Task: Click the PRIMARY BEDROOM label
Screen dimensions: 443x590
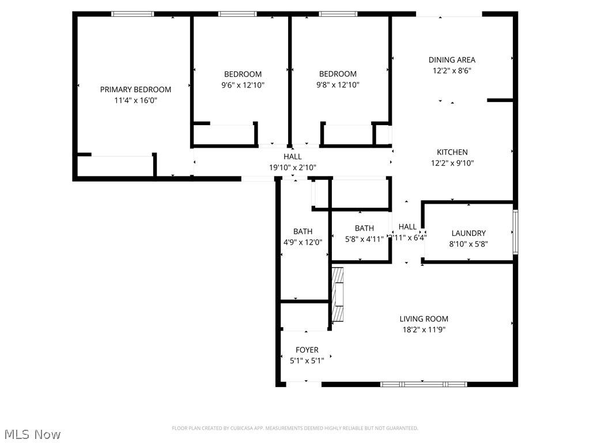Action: [135, 89]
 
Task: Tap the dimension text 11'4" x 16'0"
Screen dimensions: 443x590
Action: [135, 100]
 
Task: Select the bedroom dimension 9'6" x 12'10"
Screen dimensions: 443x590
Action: [243, 85]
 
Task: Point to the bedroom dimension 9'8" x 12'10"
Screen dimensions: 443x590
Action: [338, 85]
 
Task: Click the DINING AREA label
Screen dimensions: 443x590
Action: [452, 59]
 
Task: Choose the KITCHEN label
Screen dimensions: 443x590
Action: [452, 152]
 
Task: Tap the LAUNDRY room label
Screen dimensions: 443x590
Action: [468, 233]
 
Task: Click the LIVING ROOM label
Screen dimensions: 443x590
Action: [424, 319]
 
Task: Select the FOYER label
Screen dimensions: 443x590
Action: [307, 350]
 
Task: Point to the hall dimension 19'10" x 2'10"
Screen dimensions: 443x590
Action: [293, 167]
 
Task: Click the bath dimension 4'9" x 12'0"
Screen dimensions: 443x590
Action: [302, 243]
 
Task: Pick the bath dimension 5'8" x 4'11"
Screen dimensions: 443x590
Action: [364, 239]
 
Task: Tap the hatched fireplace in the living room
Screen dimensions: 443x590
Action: [338, 294]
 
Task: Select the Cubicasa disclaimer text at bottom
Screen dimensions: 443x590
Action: [295, 428]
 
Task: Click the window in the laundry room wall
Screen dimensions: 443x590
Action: [516, 232]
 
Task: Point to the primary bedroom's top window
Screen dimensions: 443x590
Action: [133, 14]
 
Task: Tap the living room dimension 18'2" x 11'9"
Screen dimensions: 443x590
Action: [424, 330]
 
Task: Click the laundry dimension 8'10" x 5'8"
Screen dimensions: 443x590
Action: [468, 244]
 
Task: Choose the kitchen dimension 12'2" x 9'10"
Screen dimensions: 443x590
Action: [452, 163]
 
